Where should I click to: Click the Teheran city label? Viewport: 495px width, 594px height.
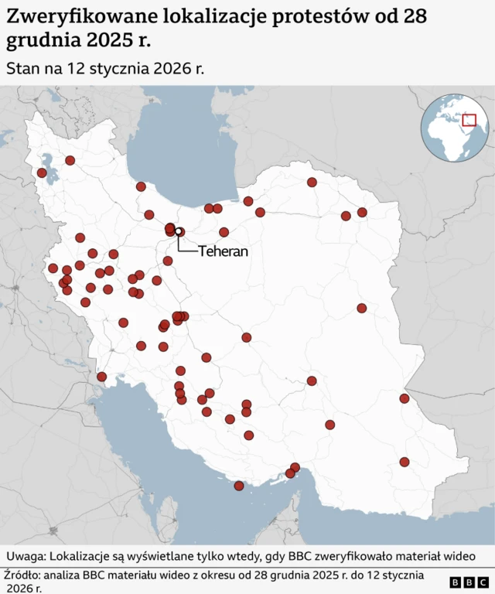(x=223, y=251)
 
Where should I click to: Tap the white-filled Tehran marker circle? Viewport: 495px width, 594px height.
(x=179, y=231)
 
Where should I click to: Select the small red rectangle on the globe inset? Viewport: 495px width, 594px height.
(x=468, y=121)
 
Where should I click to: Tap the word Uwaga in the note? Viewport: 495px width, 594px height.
(x=26, y=556)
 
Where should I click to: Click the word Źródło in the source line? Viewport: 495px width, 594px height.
(x=23, y=575)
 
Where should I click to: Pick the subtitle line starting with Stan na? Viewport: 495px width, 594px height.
(x=104, y=68)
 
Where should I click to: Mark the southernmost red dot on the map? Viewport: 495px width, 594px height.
(x=239, y=486)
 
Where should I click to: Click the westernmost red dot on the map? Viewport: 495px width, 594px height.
(x=42, y=172)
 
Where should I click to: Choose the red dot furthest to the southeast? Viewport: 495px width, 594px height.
(x=404, y=462)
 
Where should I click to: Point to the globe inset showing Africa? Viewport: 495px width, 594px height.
(x=454, y=128)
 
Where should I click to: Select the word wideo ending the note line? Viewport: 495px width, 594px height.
(x=455, y=556)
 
